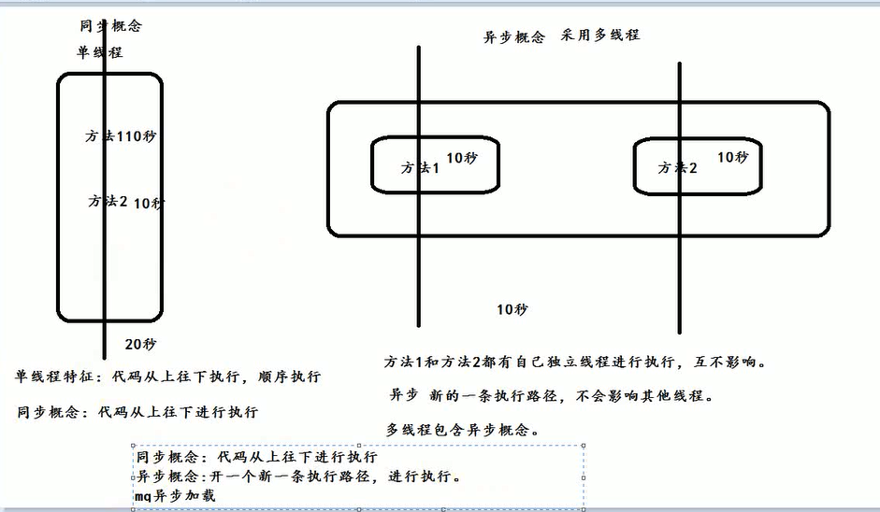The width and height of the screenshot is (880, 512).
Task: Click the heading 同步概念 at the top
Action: pyautogui.click(x=111, y=25)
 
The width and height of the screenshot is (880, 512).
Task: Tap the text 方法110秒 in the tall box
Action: pyautogui.click(x=121, y=136)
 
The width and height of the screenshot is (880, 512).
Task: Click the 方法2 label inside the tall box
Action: pyautogui.click(x=108, y=201)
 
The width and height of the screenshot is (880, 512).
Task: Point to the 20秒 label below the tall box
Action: pyautogui.click(x=140, y=344)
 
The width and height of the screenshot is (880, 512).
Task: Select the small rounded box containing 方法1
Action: pyautogui.click(x=434, y=165)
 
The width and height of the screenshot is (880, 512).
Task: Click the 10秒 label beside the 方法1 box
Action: pyautogui.click(x=461, y=158)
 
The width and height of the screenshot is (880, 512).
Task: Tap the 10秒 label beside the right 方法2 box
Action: pyautogui.click(x=732, y=157)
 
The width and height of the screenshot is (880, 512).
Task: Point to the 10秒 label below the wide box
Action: pyautogui.click(x=512, y=309)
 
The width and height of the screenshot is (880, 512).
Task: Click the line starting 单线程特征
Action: pyautogui.click(x=168, y=377)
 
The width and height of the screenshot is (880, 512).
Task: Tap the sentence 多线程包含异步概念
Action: pyautogui.click(x=462, y=429)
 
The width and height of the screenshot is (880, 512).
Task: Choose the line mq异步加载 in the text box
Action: pyautogui.click(x=175, y=495)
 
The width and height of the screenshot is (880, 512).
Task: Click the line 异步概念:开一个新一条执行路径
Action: pyautogui.click(x=297, y=476)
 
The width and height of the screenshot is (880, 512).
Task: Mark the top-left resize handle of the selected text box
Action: pyautogui.click(x=133, y=447)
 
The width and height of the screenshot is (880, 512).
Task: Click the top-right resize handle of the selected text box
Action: pyautogui.click(x=584, y=447)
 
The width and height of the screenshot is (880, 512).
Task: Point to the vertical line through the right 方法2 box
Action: pyautogui.click(x=680, y=280)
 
